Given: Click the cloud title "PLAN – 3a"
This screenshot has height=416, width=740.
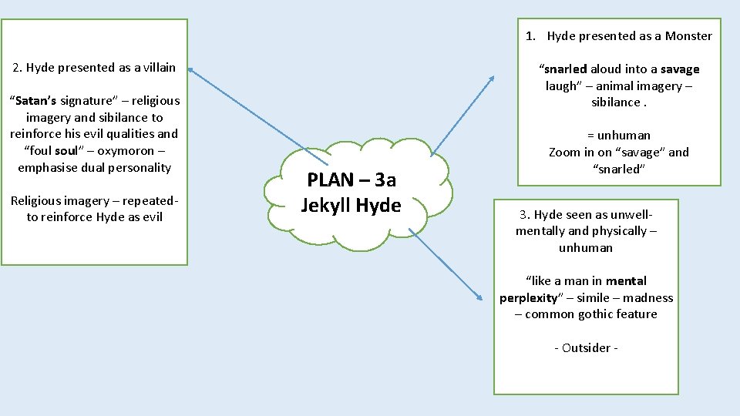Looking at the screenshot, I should coord(351,180).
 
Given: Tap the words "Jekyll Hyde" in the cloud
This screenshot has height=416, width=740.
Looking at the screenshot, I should coord(351,206).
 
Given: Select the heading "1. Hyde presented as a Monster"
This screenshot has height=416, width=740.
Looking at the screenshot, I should coord(618,35).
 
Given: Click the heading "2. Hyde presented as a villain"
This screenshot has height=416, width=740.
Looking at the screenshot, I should coord(94,67).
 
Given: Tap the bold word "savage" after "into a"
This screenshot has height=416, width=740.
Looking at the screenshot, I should coord(680,69).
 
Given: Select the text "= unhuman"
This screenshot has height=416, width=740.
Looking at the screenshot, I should coord(618,135).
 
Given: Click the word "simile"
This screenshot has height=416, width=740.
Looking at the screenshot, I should coord(594,297).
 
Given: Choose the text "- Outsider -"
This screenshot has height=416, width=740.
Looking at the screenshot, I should coord(586,347).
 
